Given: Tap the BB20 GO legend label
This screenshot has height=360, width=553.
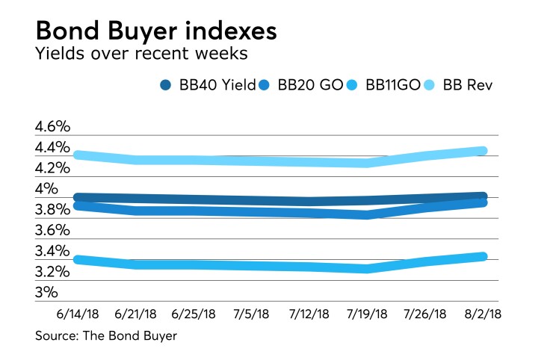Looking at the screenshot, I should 311,85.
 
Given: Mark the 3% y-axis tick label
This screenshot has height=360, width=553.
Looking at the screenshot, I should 46,292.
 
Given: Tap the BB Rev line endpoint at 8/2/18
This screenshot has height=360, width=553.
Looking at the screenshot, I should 482,151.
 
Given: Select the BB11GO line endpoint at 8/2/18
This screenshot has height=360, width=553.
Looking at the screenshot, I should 482,256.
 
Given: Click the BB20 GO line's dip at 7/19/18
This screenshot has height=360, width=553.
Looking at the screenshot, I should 367,215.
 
